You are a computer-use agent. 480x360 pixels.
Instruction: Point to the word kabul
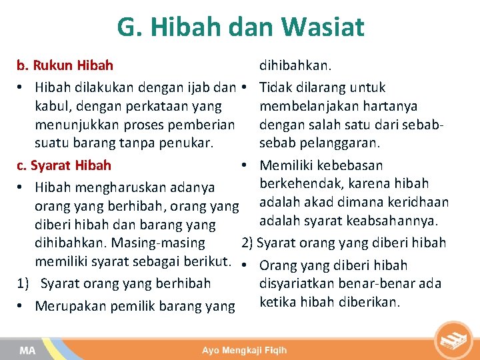54,106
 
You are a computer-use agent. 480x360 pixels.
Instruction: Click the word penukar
185,143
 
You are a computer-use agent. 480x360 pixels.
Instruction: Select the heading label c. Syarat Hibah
64,165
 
